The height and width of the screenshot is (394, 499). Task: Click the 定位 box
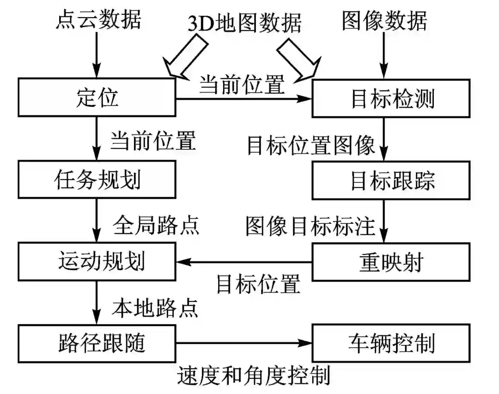(x=97, y=98)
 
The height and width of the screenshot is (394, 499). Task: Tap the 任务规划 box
(x=97, y=179)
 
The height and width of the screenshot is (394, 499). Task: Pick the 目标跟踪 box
(x=392, y=180)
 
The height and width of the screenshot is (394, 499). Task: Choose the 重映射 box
(x=392, y=262)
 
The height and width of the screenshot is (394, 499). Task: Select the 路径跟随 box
(x=97, y=343)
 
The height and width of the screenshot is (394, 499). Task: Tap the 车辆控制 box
(x=392, y=343)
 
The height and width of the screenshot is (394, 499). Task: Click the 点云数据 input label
(x=98, y=19)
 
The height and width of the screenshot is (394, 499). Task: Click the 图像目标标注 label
(x=310, y=224)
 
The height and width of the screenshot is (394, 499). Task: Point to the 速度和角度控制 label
(x=254, y=376)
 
